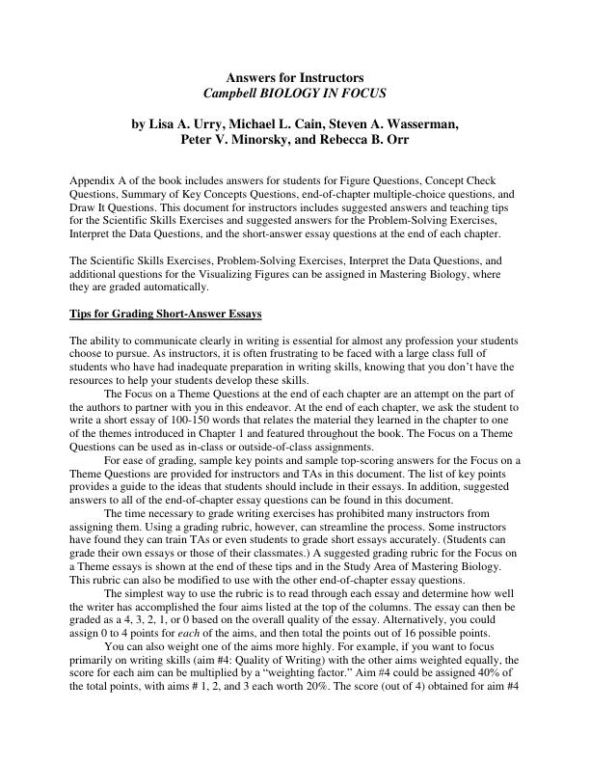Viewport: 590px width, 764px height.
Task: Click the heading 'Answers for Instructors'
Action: (294, 76)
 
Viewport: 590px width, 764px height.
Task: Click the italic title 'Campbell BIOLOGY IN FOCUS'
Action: (294, 93)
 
